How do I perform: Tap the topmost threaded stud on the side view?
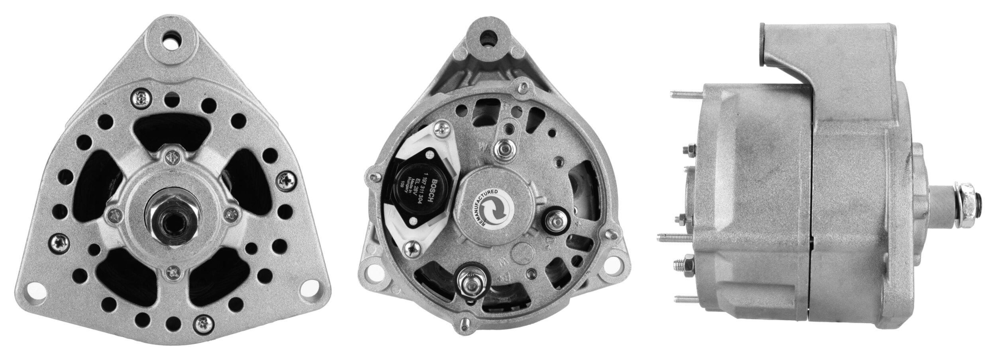tap(685, 94)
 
